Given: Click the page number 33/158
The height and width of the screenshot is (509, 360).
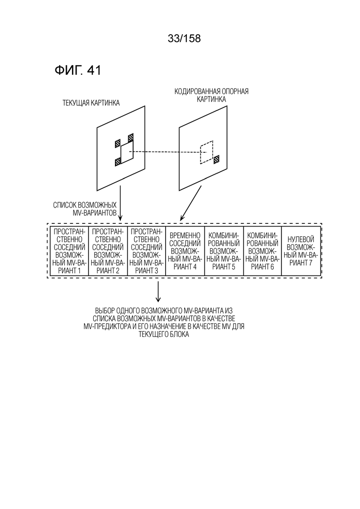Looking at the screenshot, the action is point(184,39).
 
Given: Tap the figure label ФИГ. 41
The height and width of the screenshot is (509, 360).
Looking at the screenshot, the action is point(78,71).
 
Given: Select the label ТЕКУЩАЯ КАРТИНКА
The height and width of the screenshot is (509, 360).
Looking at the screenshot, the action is point(91,103).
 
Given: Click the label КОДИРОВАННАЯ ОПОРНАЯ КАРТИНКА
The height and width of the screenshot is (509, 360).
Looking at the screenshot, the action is point(211,95).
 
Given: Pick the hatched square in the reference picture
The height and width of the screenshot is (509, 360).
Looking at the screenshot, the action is point(216,159).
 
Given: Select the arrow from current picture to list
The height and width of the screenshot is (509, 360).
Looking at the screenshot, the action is point(120,203).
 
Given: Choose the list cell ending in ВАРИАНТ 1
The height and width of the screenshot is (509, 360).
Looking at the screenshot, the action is point(69,251).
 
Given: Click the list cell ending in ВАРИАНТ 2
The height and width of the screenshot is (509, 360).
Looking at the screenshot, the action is point(108,251).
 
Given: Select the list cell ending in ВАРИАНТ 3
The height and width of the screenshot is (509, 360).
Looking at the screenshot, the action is point(146,251).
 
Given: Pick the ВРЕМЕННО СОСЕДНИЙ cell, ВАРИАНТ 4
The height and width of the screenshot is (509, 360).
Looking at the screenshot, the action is point(185,251).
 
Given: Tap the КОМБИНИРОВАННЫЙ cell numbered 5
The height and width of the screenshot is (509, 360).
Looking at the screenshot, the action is point(224,251).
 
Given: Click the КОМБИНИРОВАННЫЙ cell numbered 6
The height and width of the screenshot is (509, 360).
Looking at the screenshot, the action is point(262,251).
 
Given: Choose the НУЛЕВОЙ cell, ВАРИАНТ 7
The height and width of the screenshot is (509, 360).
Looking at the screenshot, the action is point(301,251).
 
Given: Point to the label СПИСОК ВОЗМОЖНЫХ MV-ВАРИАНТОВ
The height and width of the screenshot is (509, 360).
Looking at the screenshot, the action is point(85,209).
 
